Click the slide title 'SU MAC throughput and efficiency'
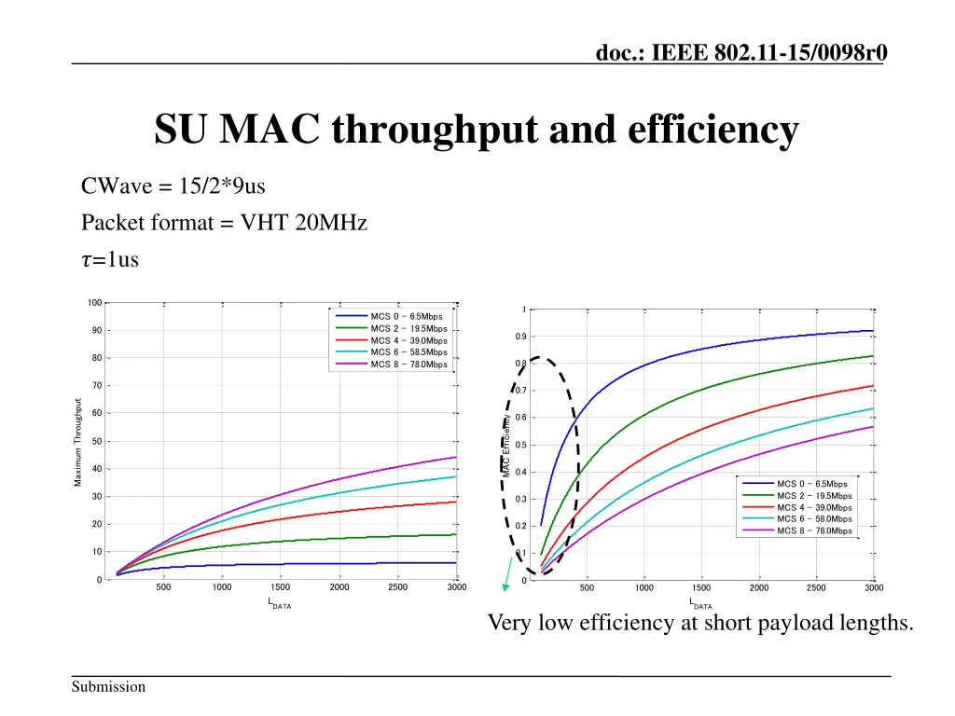pyautogui.click(x=477, y=130)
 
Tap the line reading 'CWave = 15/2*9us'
pyautogui.click(x=173, y=186)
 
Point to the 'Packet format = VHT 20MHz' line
pyautogui.click(x=224, y=224)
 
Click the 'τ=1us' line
pyautogui.click(x=110, y=260)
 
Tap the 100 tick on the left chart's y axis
pyautogui.click(x=96, y=303)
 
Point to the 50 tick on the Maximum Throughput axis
pyautogui.click(x=97, y=441)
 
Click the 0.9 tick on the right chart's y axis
pyautogui.click(x=520, y=337)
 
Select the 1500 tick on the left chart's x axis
pyautogui.click(x=281, y=587)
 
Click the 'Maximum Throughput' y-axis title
pyautogui.click(x=78, y=442)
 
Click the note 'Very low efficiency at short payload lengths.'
pyautogui.click(x=700, y=624)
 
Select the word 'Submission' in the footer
pyautogui.click(x=109, y=687)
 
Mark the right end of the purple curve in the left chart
pyautogui.click(x=456, y=457)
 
